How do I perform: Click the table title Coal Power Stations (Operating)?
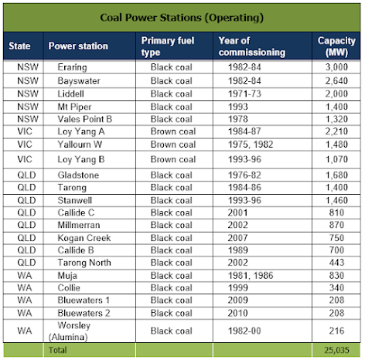coord(182,18)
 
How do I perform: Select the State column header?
coord(19,46)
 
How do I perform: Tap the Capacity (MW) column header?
coord(336,46)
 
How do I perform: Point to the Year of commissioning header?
coord(252,46)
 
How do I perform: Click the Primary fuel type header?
coord(168,46)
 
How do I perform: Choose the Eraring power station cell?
coord(72,67)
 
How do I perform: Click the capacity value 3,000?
coord(336,67)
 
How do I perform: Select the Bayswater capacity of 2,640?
coord(336,81)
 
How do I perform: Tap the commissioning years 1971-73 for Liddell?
coord(244,93)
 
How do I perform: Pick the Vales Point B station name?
coord(85,119)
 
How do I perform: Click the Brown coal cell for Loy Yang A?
coord(173,131)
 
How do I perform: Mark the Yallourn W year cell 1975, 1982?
coord(251,144)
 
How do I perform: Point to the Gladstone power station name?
coord(78,175)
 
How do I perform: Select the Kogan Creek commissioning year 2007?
coord(237,238)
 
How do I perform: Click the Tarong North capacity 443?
coord(336,263)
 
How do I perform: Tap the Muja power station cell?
coord(67,276)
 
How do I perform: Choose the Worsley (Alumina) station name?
coord(70,331)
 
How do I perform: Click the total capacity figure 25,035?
coord(336,350)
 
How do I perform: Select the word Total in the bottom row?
coord(58,350)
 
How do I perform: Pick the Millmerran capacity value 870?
coord(336,225)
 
